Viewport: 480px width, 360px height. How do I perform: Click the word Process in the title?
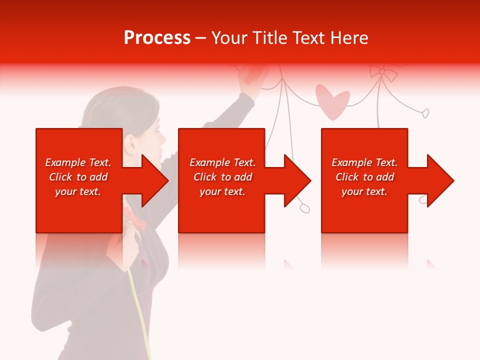click(x=157, y=38)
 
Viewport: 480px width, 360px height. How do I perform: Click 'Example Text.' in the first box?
click(x=78, y=162)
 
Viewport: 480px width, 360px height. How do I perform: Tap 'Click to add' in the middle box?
click(x=222, y=177)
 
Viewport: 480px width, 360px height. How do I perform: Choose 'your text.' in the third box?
click(x=364, y=191)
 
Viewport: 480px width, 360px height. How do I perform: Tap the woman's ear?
click(x=131, y=144)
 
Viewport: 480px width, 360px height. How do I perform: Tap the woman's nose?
click(x=163, y=138)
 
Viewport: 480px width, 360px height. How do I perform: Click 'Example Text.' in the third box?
click(x=364, y=162)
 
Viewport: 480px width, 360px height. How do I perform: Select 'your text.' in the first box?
click(x=78, y=191)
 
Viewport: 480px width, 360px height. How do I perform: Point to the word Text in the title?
click(x=307, y=38)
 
